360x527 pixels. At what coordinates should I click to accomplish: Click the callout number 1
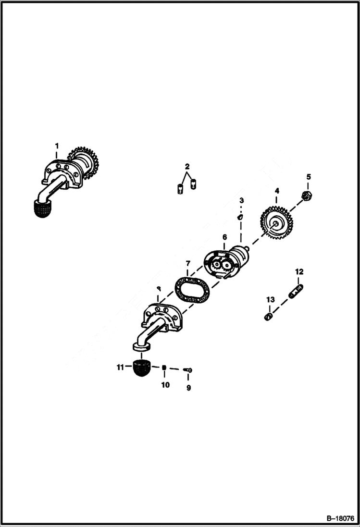coord(56,146)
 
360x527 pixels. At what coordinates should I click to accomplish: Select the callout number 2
coord(187,166)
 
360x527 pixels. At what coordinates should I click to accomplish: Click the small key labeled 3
coord(240,217)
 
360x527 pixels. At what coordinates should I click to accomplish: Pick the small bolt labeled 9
coord(189,369)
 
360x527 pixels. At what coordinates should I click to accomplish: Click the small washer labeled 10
coord(164,368)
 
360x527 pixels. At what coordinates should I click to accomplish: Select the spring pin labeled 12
coord(296,291)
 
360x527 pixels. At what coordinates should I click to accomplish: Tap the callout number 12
coord(299,272)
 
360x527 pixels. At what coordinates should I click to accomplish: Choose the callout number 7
coord(188,264)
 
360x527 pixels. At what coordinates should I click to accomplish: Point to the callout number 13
coord(270,300)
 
